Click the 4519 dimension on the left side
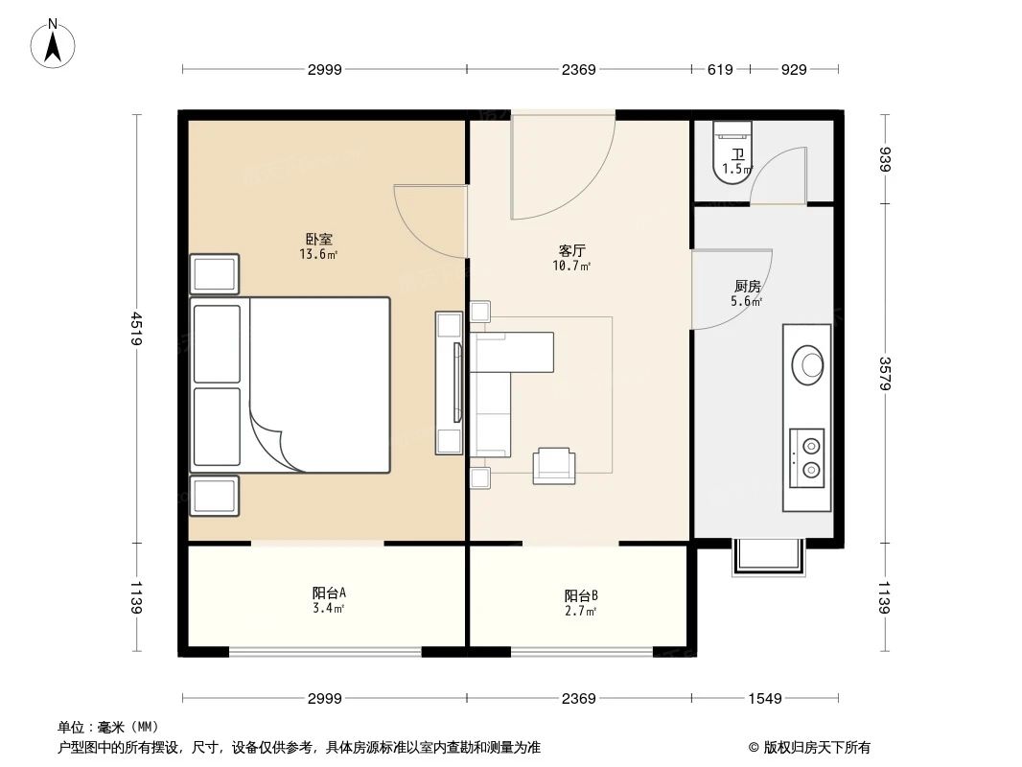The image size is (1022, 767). point(138,329)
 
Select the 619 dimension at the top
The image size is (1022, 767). point(720,69)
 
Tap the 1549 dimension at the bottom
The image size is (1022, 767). point(765,698)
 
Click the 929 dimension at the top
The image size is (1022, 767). point(794,69)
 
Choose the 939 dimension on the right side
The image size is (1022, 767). point(885,159)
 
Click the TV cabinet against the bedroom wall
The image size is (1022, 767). point(449,383)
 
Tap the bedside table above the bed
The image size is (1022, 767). point(214,274)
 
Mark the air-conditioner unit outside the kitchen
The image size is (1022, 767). point(766,557)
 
